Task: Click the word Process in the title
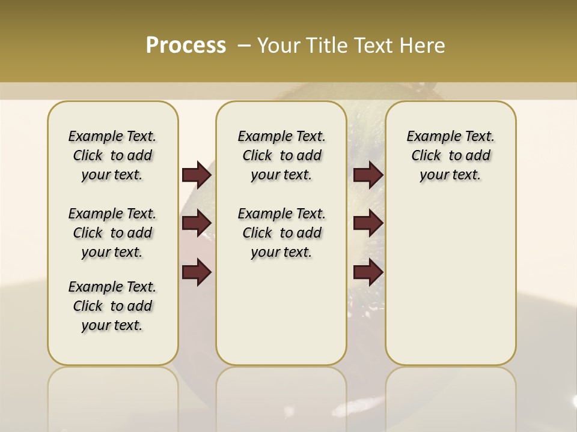186,45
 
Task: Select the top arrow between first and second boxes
197,175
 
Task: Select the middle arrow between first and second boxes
197,223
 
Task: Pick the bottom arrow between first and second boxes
197,272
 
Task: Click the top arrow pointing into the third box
368,175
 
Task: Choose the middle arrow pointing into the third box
368,223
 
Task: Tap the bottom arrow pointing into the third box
368,272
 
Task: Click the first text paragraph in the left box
112,155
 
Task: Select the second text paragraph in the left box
112,233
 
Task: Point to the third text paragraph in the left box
112,306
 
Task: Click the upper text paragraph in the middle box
281,155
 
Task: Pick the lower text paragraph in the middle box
281,233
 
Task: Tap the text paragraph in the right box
450,155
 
